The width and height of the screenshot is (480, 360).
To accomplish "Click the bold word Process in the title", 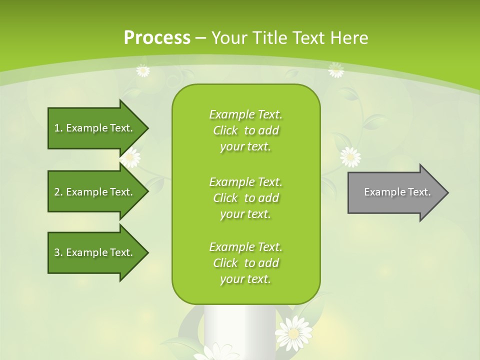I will tap(157, 38).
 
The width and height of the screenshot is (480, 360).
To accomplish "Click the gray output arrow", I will tap(395, 192).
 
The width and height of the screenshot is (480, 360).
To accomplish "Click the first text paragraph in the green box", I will tap(245, 130).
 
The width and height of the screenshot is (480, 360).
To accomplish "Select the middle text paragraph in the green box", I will tap(245, 197).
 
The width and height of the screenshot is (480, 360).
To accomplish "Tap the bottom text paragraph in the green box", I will tap(245, 263).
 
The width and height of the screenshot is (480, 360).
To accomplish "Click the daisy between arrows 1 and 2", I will tap(130, 158).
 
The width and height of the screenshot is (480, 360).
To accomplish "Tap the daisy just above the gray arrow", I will tap(350, 156).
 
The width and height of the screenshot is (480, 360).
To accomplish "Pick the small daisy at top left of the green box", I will tap(143, 70).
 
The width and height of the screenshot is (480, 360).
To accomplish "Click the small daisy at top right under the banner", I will tap(336, 70).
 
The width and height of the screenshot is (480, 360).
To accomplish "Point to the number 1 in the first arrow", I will tap(56, 128).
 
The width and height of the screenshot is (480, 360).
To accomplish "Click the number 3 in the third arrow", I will tap(57, 252).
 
